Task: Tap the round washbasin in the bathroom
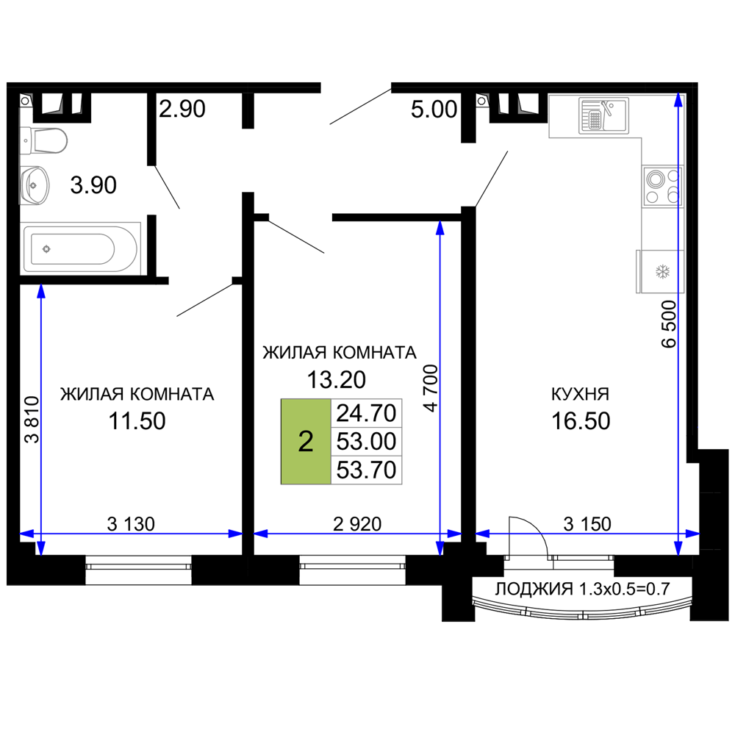coord(35,185)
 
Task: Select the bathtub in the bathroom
coord(80,248)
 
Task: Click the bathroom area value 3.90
coord(93,184)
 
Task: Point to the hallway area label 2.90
coord(182,109)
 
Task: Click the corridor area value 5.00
coord(434,110)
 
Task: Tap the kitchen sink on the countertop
coord(603,115)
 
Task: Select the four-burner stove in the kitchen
coord(662,186)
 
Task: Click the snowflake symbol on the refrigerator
coord(662,271)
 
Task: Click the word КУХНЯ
coord(581,394)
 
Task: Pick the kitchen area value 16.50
coord(581,421)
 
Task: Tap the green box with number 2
coord(306,442)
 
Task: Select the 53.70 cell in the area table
coord(366,470)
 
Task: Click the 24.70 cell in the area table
coord(366,413)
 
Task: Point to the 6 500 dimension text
coord(670,324)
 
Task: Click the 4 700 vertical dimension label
coord(431,389)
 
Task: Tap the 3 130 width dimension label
coord(131,524)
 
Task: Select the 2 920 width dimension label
coord(357,524)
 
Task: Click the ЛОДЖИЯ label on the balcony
coord(534,588)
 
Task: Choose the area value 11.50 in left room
coord(137,421)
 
